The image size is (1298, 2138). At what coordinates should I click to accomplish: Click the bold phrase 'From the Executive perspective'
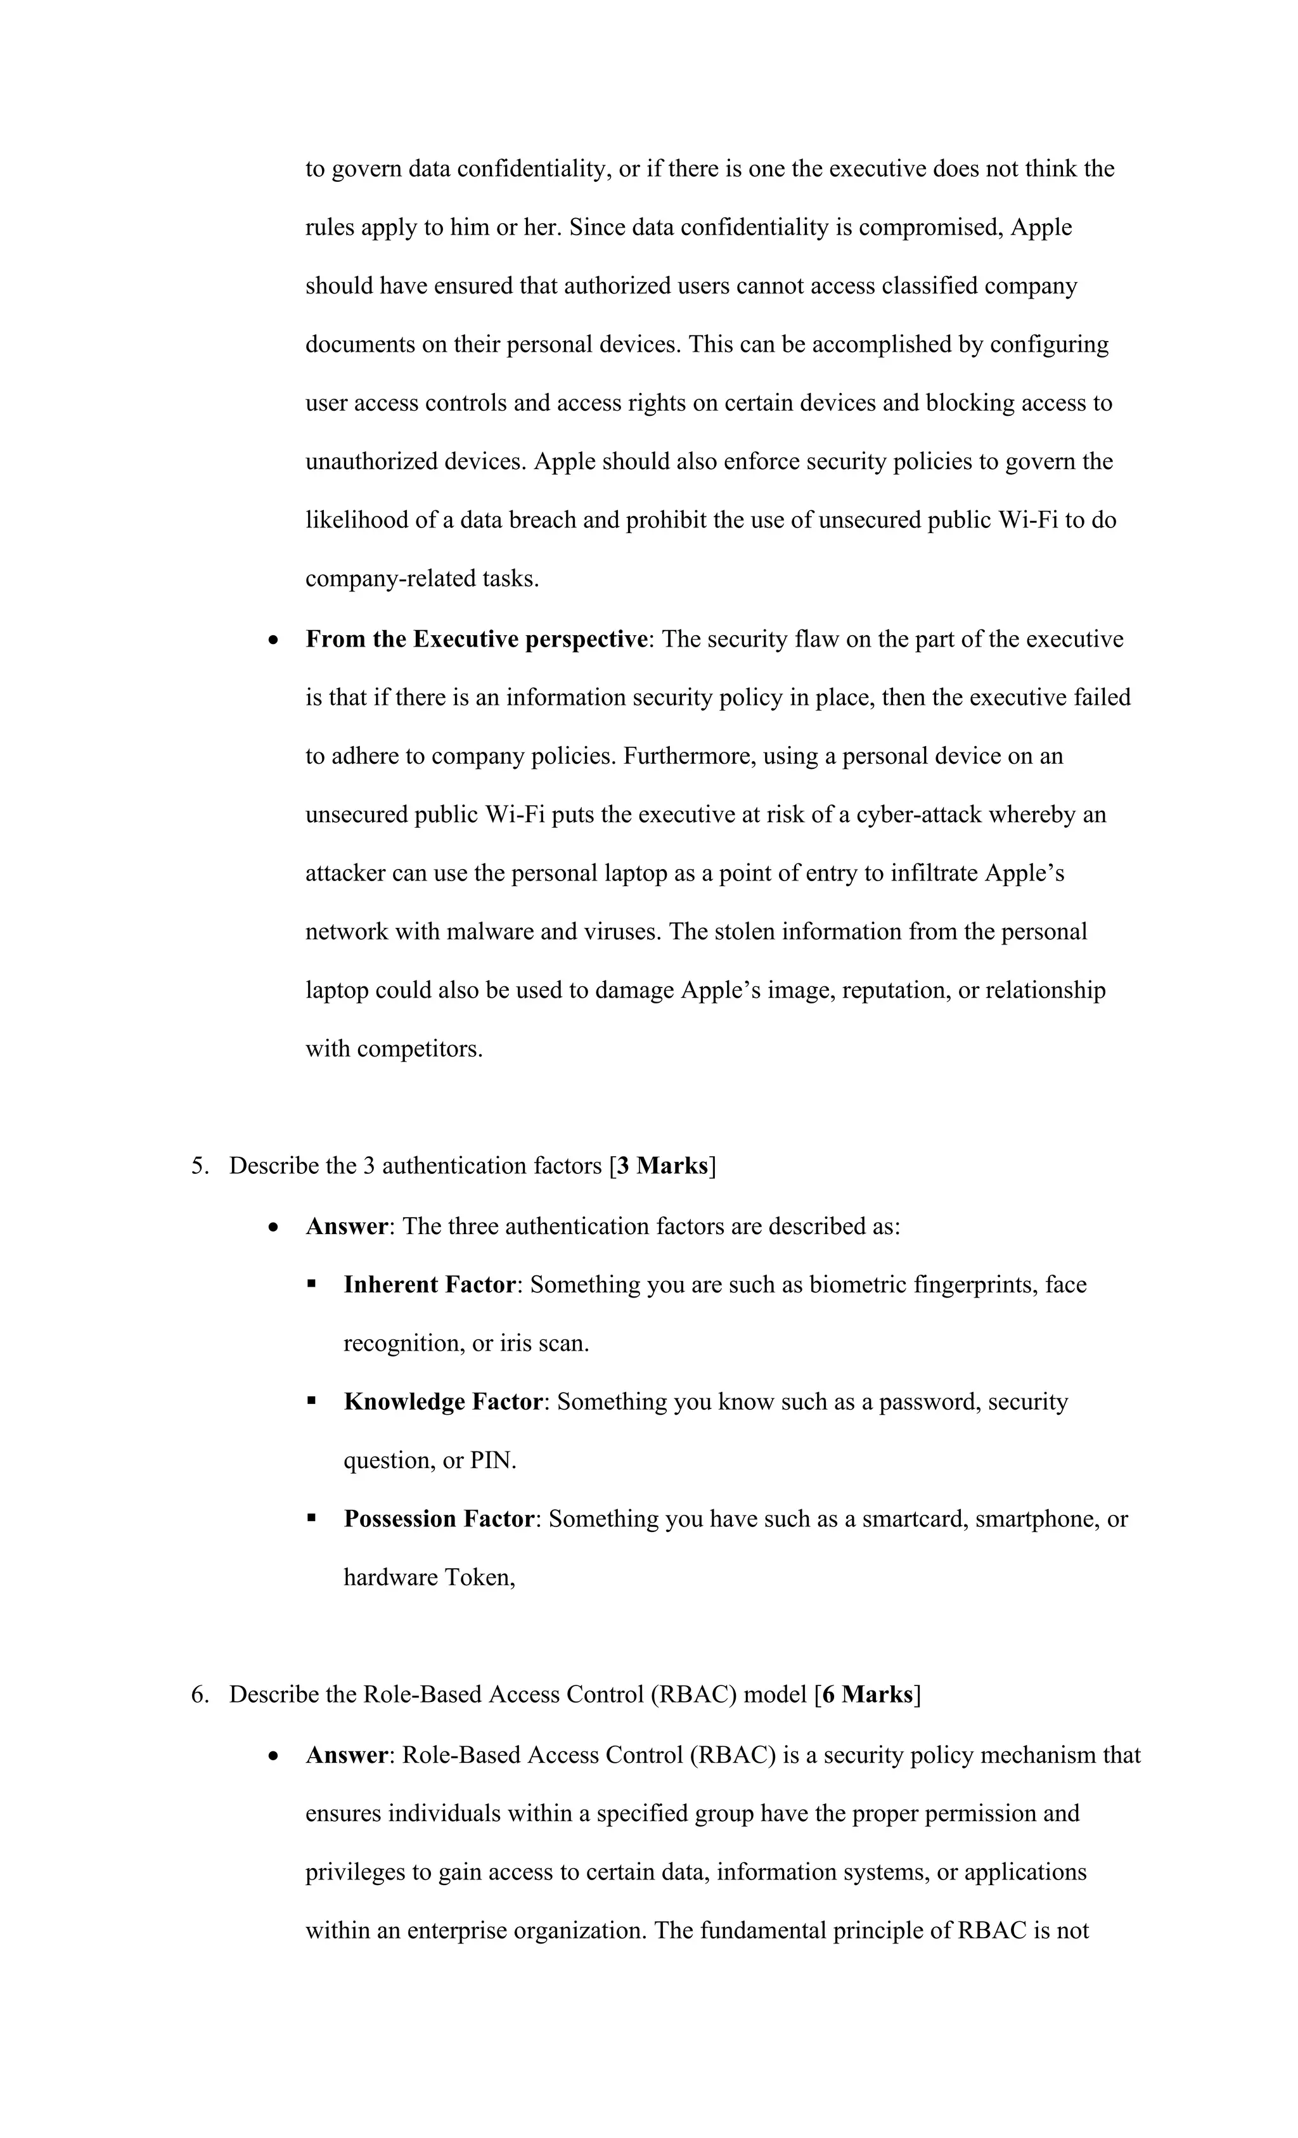click(x=477, y=640)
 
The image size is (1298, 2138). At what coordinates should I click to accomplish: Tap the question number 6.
click(x=198, y=1694)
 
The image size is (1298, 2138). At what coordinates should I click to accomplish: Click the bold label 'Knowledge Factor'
click(x=442, y=1402)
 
